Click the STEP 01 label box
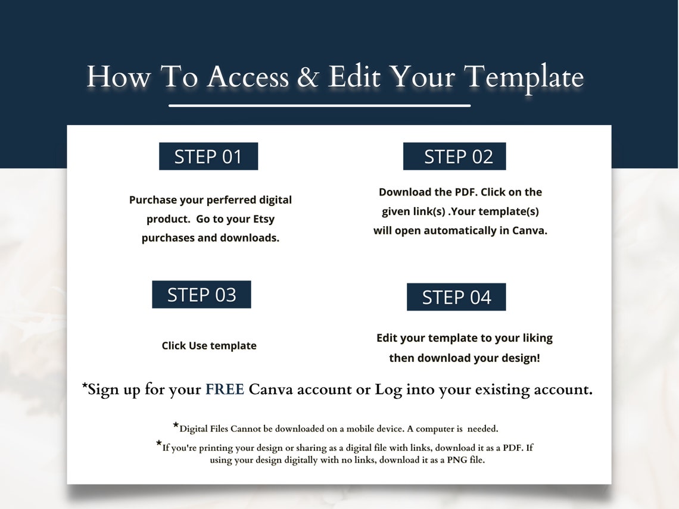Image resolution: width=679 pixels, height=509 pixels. tap(208, 157)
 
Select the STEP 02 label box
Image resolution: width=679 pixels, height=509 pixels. tap(454, 157)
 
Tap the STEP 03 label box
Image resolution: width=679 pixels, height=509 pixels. tap(201, 295)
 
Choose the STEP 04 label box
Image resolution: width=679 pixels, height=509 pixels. tap(456, 297)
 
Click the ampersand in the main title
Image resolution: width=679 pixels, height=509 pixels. tap(308, 77)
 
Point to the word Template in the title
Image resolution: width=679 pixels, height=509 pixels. tap(524, 77)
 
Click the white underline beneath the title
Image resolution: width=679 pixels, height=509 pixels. tap(320, 106)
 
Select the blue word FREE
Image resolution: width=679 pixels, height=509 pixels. tap(225, 389)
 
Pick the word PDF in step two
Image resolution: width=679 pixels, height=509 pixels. tap(465, 192)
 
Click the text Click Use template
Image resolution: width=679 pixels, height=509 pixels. tap(209, 346)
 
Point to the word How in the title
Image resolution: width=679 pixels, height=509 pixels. tap(118, 77)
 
